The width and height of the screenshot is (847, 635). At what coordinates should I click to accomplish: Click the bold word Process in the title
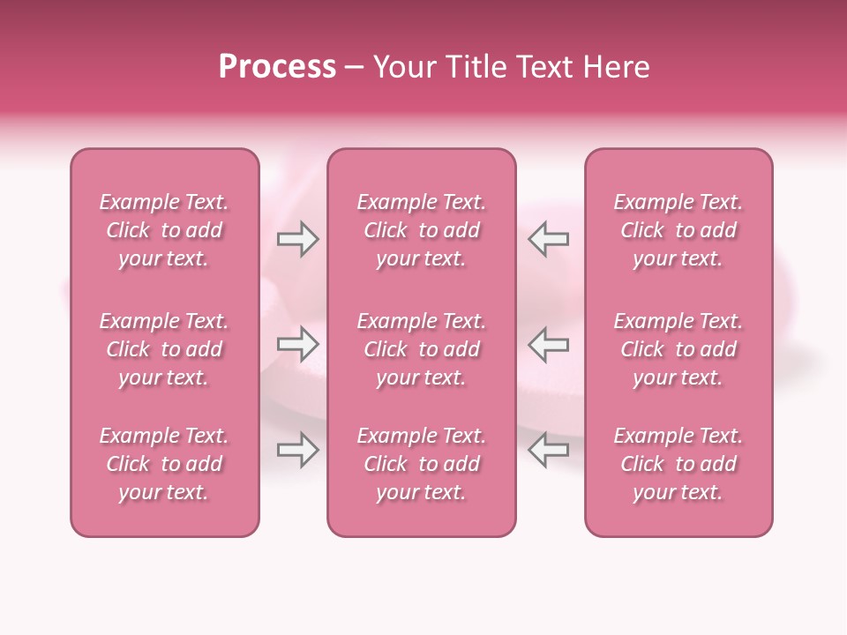coord(277,67)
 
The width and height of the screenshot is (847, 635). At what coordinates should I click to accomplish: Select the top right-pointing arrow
coord(298,239)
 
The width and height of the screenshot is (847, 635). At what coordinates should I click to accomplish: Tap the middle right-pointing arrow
coord(298,344)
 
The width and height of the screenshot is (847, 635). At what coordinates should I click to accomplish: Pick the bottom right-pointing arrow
coord(298,450)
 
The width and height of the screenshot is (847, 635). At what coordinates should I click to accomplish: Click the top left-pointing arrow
coord(549,239)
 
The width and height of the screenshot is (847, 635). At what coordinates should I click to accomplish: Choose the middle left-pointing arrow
coord(549,344)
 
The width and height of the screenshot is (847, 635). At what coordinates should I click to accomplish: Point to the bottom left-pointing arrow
coord(549,450)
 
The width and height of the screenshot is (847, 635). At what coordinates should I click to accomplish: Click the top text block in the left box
coord(164,230)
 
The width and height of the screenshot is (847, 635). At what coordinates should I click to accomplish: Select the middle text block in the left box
coord(164,349)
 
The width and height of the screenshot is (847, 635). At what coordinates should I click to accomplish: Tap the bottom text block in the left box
coord(164,464)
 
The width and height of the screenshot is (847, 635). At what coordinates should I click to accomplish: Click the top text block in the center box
coord(422,230)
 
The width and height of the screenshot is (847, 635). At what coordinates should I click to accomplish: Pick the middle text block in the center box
coord(422,349)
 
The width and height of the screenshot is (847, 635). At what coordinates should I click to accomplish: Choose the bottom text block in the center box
coord(422,464)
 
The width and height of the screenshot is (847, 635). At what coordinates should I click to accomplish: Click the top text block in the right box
coord(678,230)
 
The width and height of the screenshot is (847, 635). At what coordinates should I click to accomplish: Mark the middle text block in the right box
coord(678,349)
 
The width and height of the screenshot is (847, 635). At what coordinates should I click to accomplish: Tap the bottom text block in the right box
coord(678,464)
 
